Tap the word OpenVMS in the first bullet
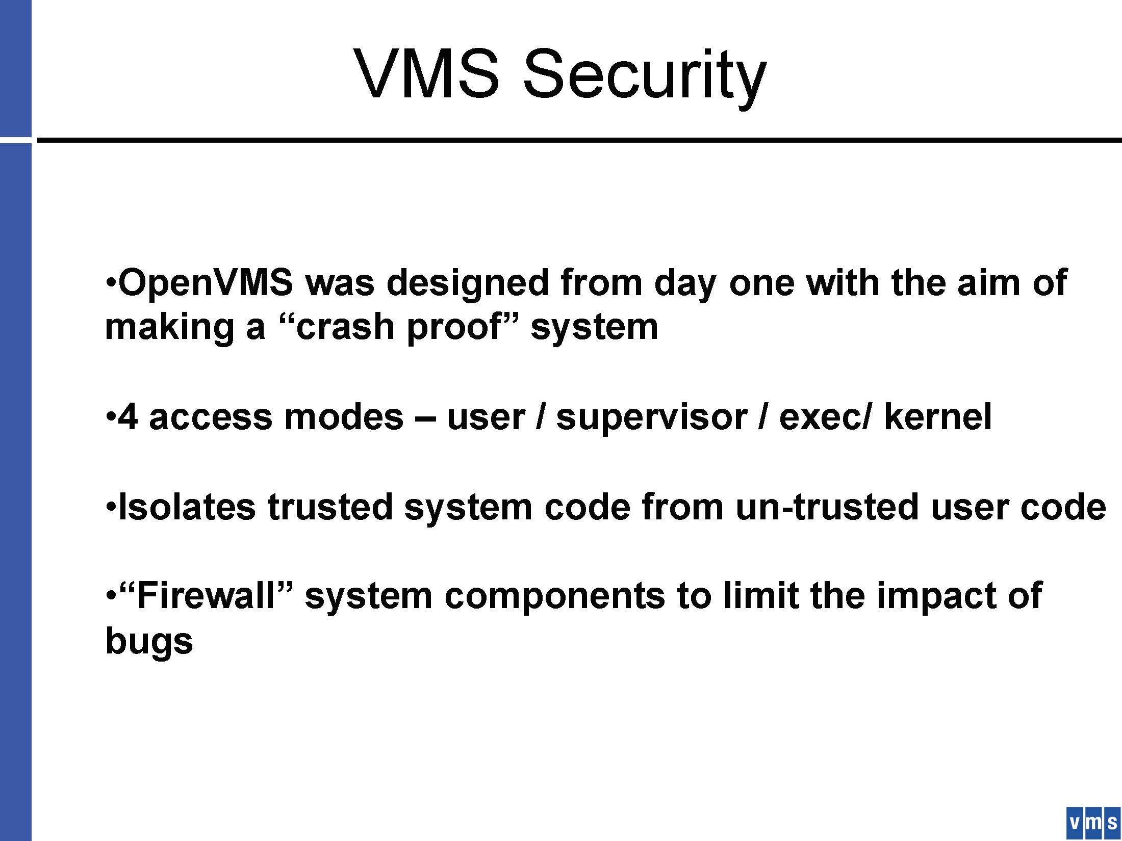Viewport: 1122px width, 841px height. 206,283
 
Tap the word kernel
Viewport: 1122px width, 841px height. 938,416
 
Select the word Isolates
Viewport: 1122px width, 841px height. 186,507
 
